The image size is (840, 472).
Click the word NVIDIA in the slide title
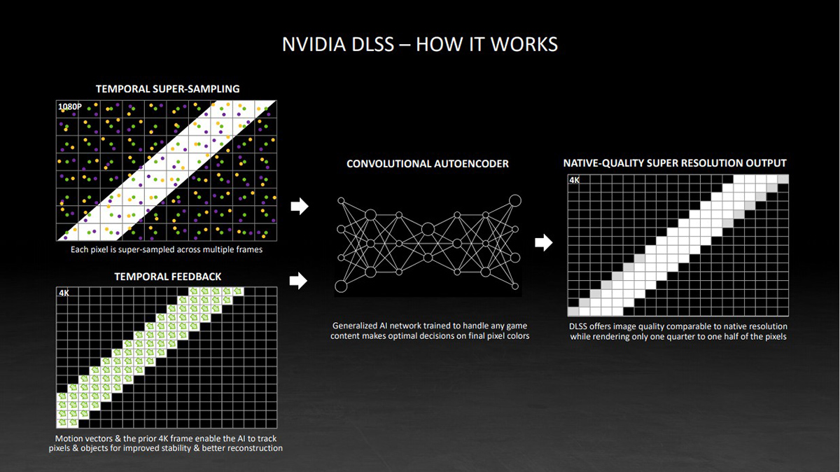pos(314,44)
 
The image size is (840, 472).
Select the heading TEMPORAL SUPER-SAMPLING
pos(167,89)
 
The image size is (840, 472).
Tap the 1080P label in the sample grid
pos(70,106)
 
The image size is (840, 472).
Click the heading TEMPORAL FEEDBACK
pos(167,277)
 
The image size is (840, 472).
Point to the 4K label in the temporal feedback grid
pos(64,293)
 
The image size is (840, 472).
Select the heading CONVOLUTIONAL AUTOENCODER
pos(428,164)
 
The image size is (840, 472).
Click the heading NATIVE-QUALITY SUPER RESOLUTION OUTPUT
pos(675,163)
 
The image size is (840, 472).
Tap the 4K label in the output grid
pos(575,180)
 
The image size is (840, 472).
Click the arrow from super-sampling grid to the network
pos(300,206)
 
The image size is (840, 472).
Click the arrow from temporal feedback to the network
pos(298,281)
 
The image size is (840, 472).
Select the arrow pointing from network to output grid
pos(544,242)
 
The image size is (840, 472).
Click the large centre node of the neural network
pos(428,229)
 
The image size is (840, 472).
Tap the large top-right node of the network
pos(515,200)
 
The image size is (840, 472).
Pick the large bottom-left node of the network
pos(341,286)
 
